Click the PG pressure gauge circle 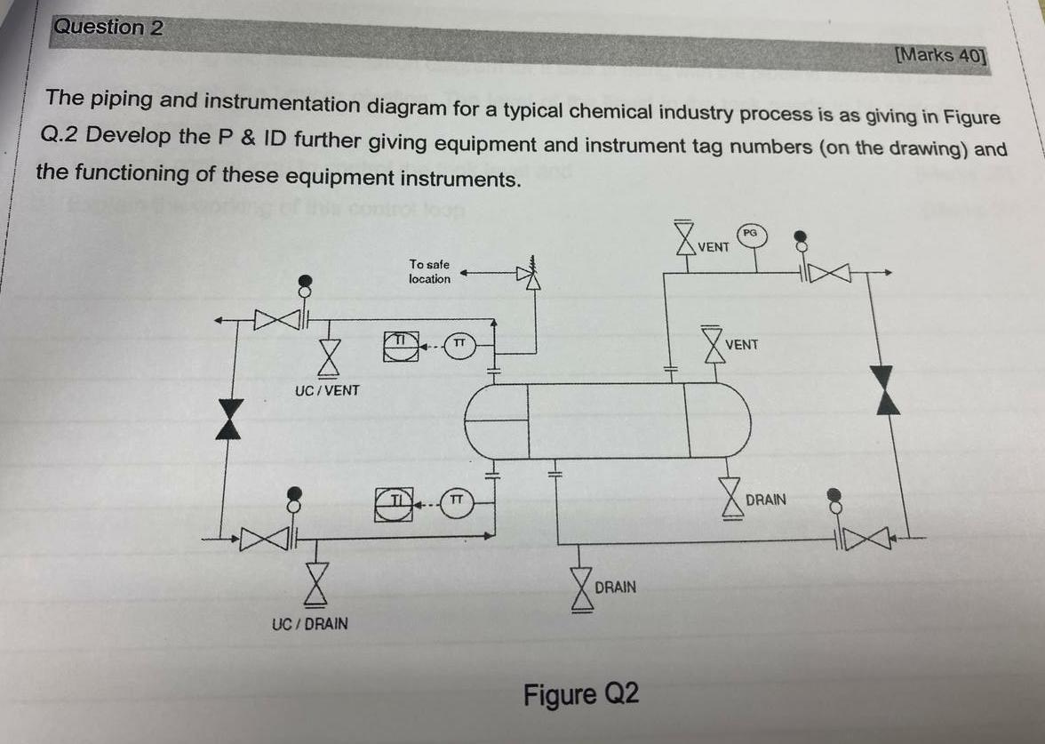751,233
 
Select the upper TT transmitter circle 459,344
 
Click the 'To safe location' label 429,271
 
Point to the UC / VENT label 327,390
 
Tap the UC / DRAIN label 309,624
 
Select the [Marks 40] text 941,55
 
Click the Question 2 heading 108,28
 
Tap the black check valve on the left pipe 230,420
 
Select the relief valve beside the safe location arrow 531,276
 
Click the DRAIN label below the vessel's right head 765,500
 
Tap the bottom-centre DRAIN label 615,587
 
